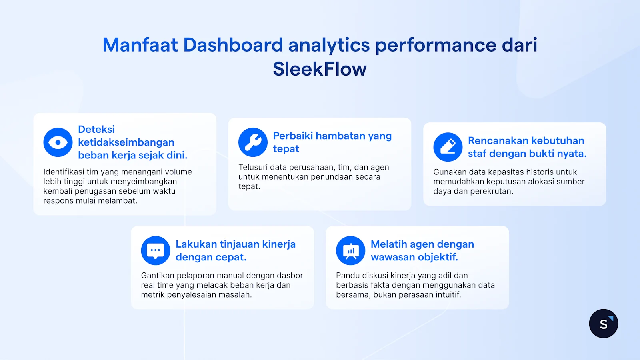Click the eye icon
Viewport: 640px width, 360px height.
[x=58, y=142]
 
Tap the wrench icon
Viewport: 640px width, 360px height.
[x=253, y=142]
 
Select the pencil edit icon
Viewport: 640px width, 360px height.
[x=448, y=147]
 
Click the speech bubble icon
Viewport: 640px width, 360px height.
[x=156, y=250]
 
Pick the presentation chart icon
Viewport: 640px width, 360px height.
[x=350, y=250]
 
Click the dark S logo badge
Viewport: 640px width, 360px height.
[x=604, y=324]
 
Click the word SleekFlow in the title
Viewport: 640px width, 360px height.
[x=320, y=69]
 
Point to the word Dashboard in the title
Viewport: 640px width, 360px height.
[x=233, y=45]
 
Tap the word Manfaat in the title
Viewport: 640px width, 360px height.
[x=140, y=45]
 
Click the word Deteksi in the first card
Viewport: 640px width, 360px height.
[x=96, y=129]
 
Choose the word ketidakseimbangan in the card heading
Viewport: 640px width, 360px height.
[x=126, y=142]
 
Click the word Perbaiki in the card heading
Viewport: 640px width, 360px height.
[x=293, y=136]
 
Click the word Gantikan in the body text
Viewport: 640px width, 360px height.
[x=158, y=275]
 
